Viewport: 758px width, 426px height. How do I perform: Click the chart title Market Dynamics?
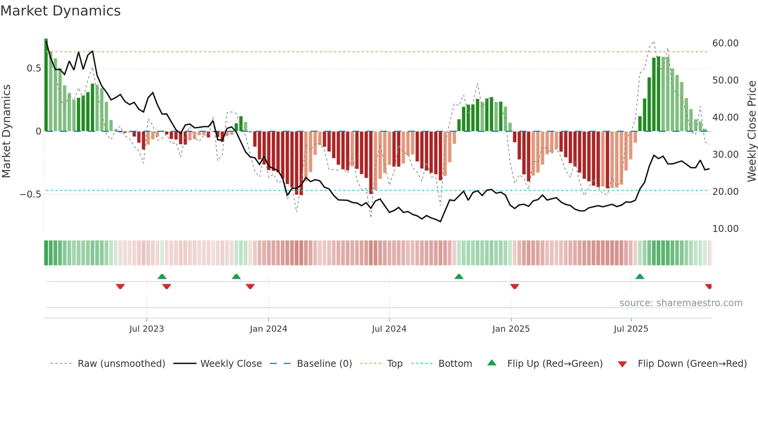[60, 11]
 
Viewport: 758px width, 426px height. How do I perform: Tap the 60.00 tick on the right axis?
[725, 43]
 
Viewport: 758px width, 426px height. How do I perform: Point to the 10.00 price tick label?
[725, 229]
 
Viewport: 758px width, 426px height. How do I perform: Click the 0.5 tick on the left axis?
[34, 68]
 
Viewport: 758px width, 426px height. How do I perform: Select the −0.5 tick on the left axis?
[31, 194]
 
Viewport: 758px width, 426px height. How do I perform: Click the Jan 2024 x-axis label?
[268, 329]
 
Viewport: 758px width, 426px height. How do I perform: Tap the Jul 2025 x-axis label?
[631, 329]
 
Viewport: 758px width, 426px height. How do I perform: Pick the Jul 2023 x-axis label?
[147, 329]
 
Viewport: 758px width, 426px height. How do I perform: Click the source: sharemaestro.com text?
[681, 303]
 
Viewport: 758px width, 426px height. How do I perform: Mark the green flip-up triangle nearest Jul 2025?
[640, 276]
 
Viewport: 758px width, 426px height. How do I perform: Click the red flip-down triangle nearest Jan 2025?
[514, 286]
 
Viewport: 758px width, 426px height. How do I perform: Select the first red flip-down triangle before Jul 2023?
[120, 286]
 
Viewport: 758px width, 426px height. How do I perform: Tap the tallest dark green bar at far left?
[46, 85]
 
